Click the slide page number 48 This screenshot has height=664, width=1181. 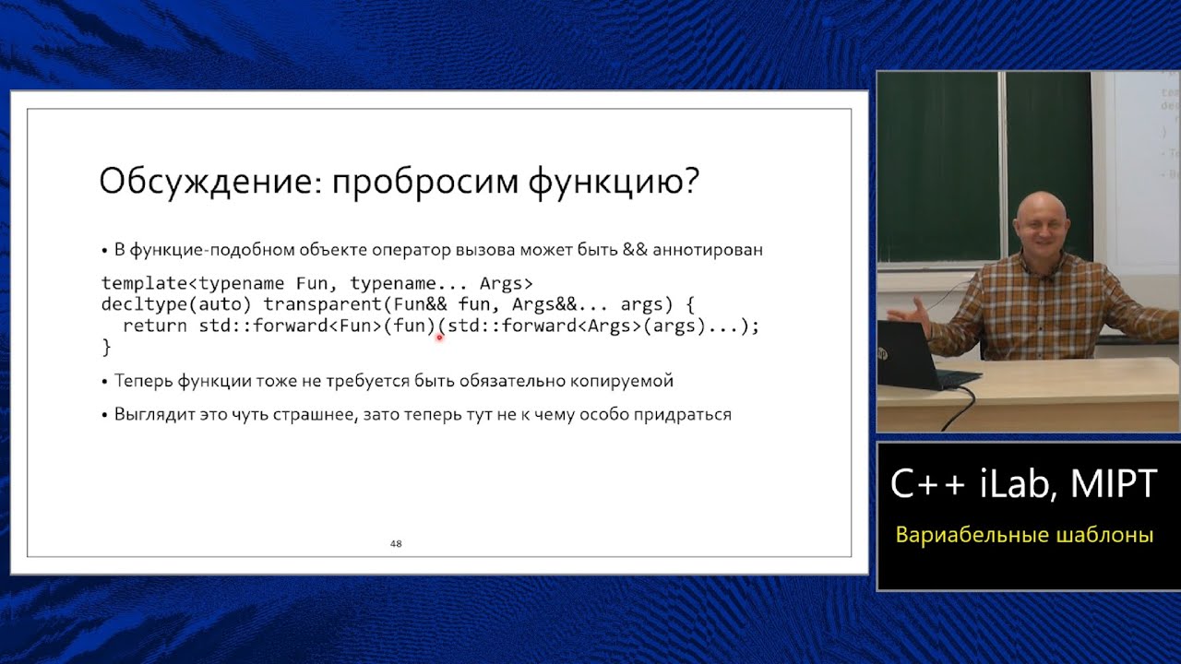[396, 544]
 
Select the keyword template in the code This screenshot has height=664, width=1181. [137, 283]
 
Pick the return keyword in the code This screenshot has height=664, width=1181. [154, 326]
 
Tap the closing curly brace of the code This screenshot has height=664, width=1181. [106, 348]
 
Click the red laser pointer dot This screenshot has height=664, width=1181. [439, 338]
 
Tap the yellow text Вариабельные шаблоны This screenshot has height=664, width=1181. [1024, 536]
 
